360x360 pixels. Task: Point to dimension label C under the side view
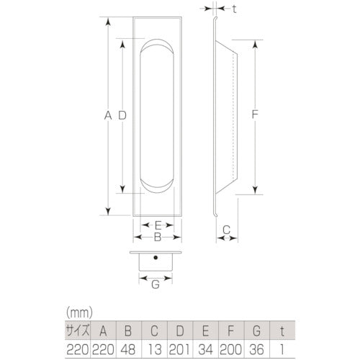225,230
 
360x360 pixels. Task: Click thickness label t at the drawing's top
236,9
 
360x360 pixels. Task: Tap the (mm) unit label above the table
78,313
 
